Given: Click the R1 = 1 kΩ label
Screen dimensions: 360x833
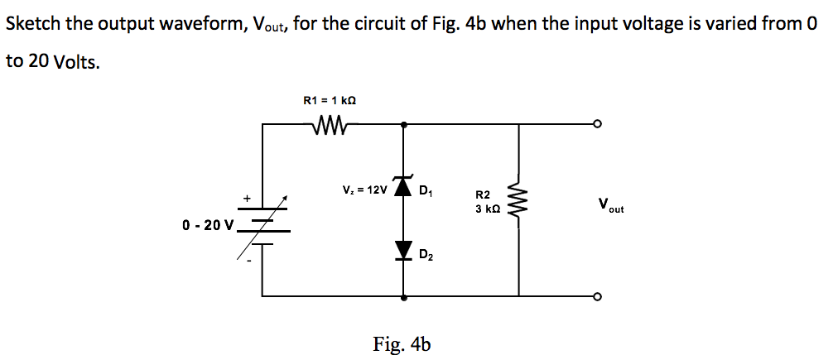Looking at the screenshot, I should click(330, 100).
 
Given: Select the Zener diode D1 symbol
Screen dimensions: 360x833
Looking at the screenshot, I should click(404, 189).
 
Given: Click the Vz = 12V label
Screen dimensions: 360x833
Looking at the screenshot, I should click(364, 190).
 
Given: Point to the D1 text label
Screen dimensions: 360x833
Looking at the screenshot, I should click(426, 194).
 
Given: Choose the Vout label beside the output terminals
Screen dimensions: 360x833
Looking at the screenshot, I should click(609, 205).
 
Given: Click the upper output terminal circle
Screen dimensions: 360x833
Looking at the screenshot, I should click(597, 125).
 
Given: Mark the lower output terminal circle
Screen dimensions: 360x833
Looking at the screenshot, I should click(597, 295).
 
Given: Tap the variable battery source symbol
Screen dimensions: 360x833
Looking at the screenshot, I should click(263, 222).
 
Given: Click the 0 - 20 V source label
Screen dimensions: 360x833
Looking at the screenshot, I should click(207, 224).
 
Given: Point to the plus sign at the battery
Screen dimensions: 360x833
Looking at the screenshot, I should click(246, 198).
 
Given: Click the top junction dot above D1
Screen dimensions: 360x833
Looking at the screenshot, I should click(404, 125).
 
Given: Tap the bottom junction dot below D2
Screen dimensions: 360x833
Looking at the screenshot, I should click(404, 295).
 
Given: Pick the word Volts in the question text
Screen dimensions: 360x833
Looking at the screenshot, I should click(76, 63).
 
